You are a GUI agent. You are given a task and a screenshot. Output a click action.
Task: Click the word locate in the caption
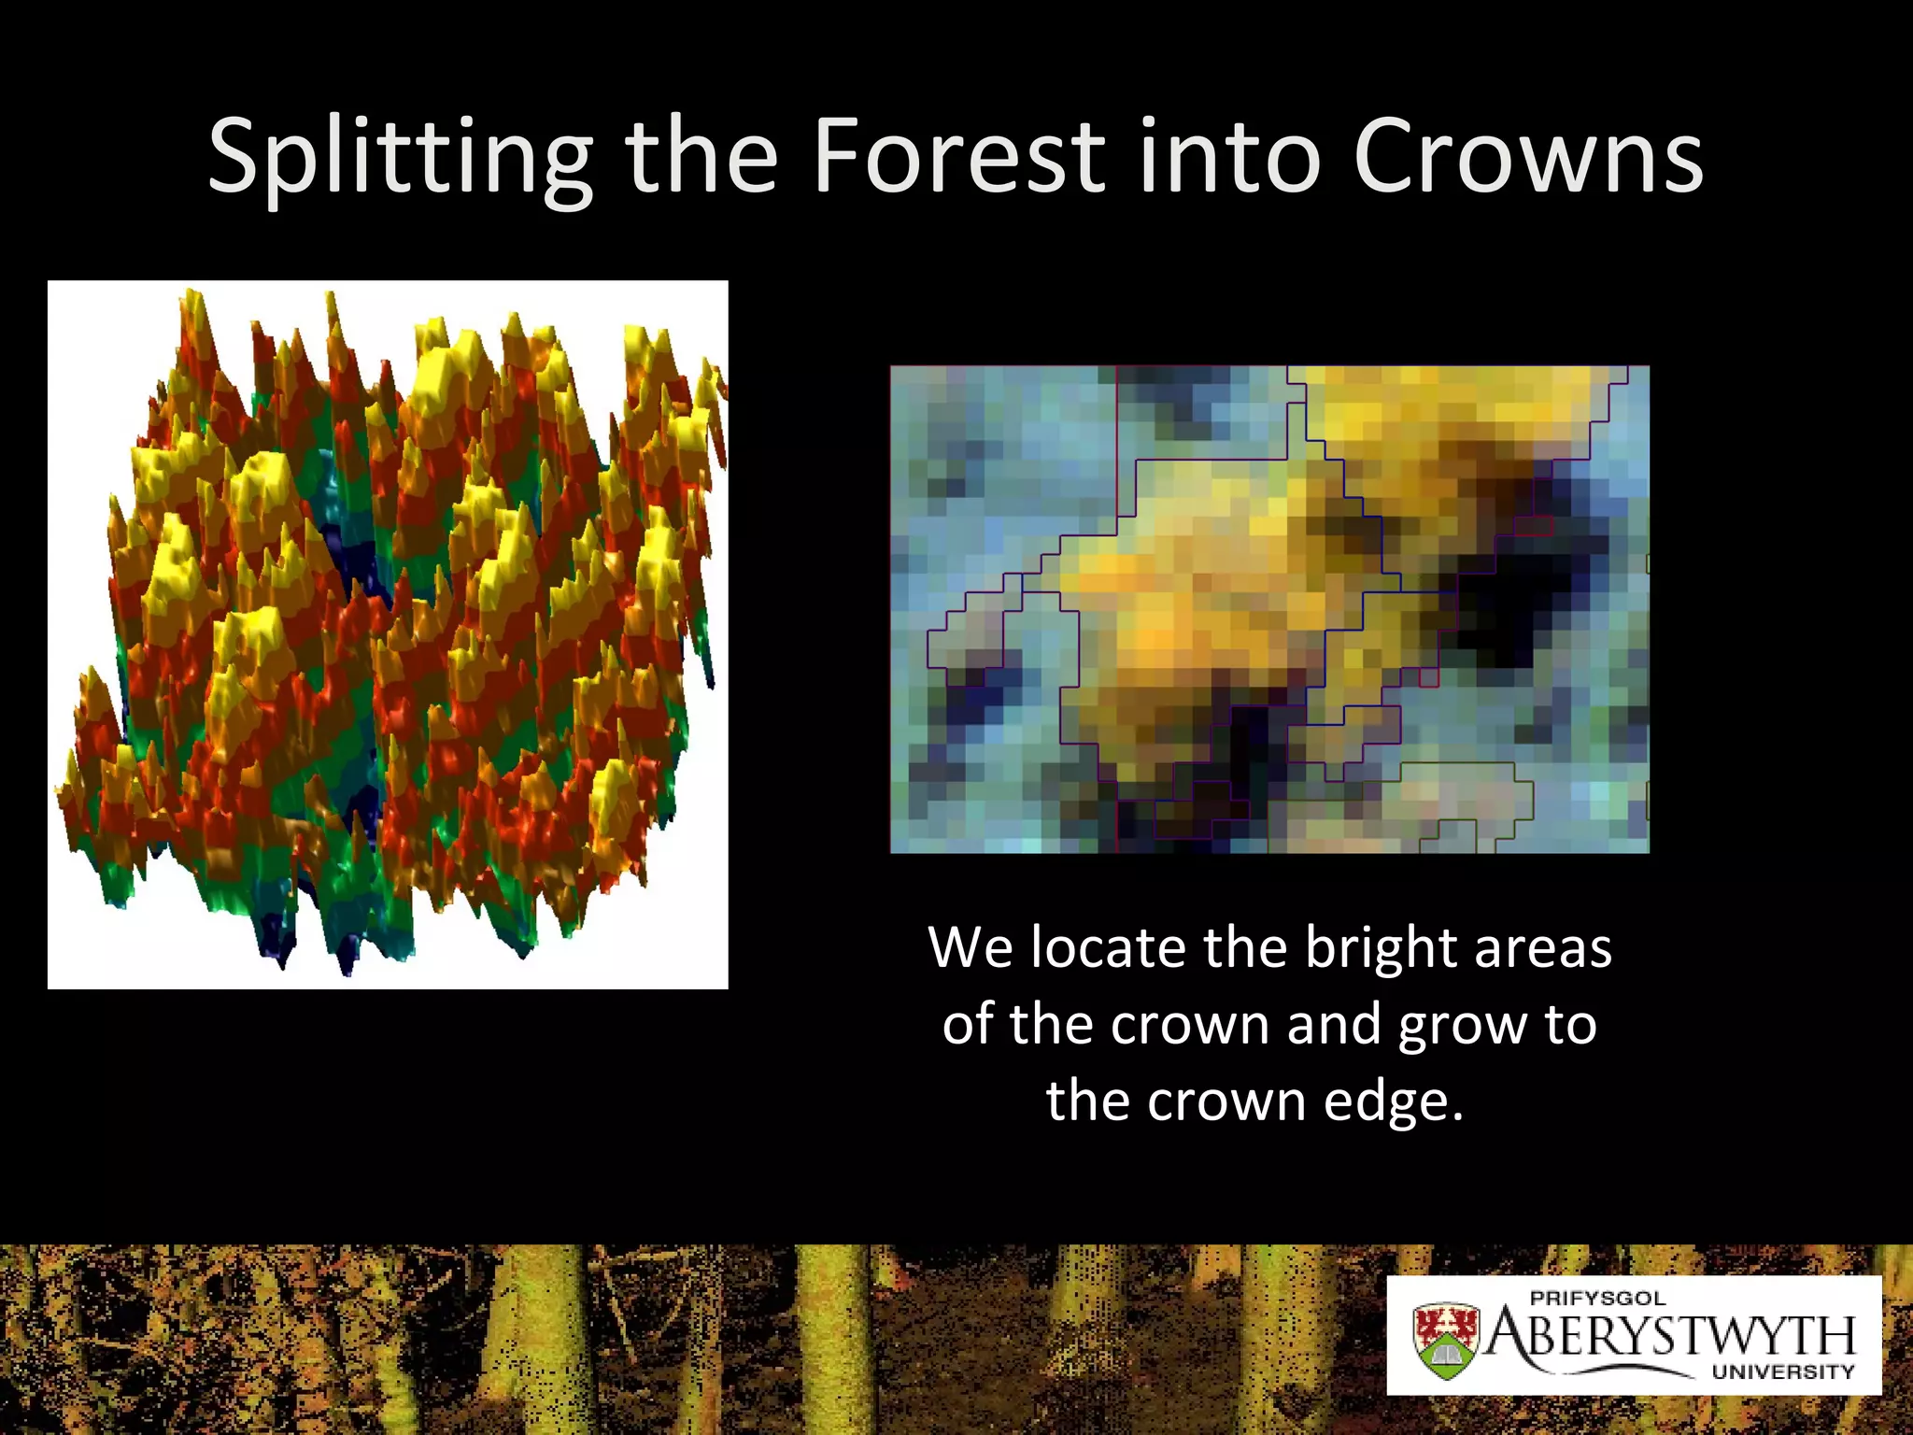pyautogui.click(x=1109, y=947)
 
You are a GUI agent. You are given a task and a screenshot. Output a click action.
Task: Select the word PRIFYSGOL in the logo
pyautogui.click(x=1597, y=1298)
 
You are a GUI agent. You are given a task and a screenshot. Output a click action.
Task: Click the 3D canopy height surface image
pyautogui.click(x=388, y=634)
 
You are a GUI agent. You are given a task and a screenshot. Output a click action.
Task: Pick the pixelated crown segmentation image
pyautogui.click(x=1269, y=609)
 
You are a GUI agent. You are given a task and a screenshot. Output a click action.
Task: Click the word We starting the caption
pyautogui.click(x=971, y=947)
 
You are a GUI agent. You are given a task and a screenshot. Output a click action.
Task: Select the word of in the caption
pyautogui.click(x=970, y=1024)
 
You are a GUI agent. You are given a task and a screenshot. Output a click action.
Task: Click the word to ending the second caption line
pyautogui.click(x=1570, y=1024)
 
